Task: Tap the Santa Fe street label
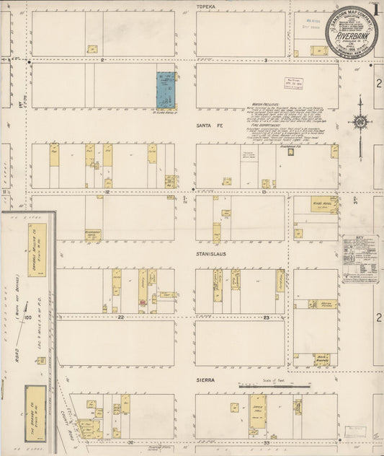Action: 207,124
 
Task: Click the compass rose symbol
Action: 360,120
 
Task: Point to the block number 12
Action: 107,193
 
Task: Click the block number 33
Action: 266,441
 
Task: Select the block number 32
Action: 132,441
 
